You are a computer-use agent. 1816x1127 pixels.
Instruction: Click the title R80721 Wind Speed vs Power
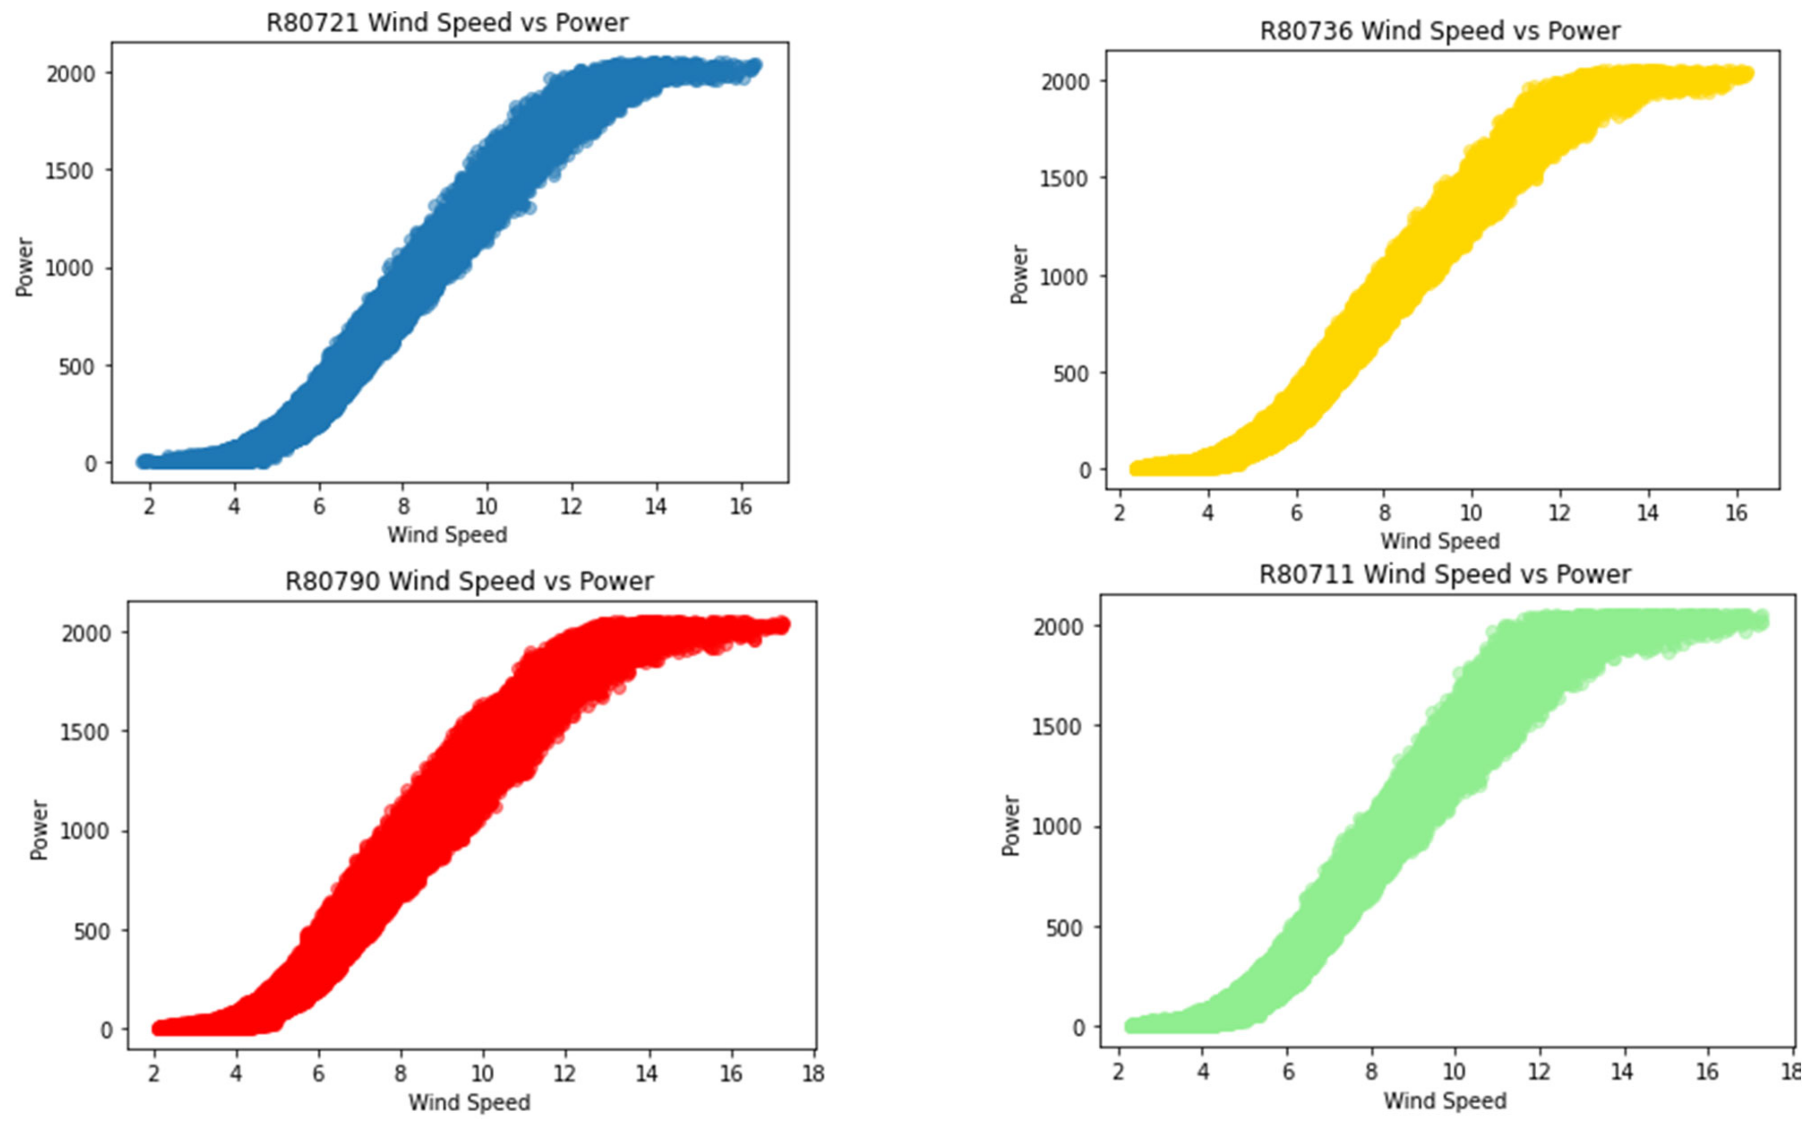447,23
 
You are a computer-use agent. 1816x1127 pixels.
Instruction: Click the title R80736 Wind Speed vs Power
1439,31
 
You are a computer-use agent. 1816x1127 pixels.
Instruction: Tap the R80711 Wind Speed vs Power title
1444,574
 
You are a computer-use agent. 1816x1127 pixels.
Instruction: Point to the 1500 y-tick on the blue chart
70,171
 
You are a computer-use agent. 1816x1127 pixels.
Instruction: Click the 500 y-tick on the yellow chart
1072,374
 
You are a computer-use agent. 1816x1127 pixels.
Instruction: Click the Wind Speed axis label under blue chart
447,534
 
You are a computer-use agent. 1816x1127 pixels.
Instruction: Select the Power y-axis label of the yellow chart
1019,274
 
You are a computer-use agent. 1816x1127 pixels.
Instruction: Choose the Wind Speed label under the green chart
1444,1101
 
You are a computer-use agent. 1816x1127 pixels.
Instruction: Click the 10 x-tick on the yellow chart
1470,513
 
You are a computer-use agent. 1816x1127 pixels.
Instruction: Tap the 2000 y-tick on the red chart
86,633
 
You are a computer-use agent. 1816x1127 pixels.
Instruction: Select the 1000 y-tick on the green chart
1056,827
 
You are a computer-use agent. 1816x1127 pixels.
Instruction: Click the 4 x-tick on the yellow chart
1207,513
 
